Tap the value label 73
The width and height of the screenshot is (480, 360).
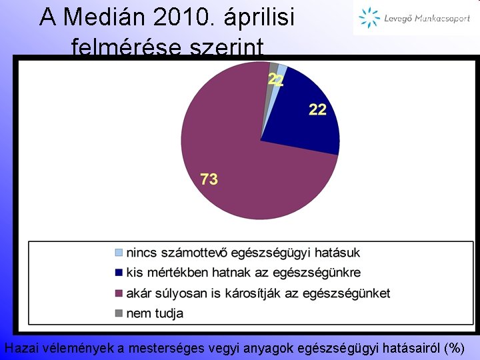[x=209, y=179]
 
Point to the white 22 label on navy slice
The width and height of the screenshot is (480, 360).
[x=317, y=109]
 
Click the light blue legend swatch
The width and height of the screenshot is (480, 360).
[x=119, y=253]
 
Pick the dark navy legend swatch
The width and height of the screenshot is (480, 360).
[x=119, y=273]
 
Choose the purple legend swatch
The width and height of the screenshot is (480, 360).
[x=119, y=293]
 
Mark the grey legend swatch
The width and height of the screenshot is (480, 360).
[x=119, y=313]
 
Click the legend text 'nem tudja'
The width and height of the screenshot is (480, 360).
[x=155, y=313]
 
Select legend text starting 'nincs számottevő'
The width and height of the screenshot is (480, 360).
[x=243, y=253]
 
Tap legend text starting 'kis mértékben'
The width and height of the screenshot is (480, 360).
[x=243, y=273]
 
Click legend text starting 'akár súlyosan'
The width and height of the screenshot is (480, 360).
[x=258, y=293]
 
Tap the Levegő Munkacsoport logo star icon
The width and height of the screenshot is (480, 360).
[x=369, y=19]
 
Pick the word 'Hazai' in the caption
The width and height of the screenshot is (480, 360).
[x=21, y=347]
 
